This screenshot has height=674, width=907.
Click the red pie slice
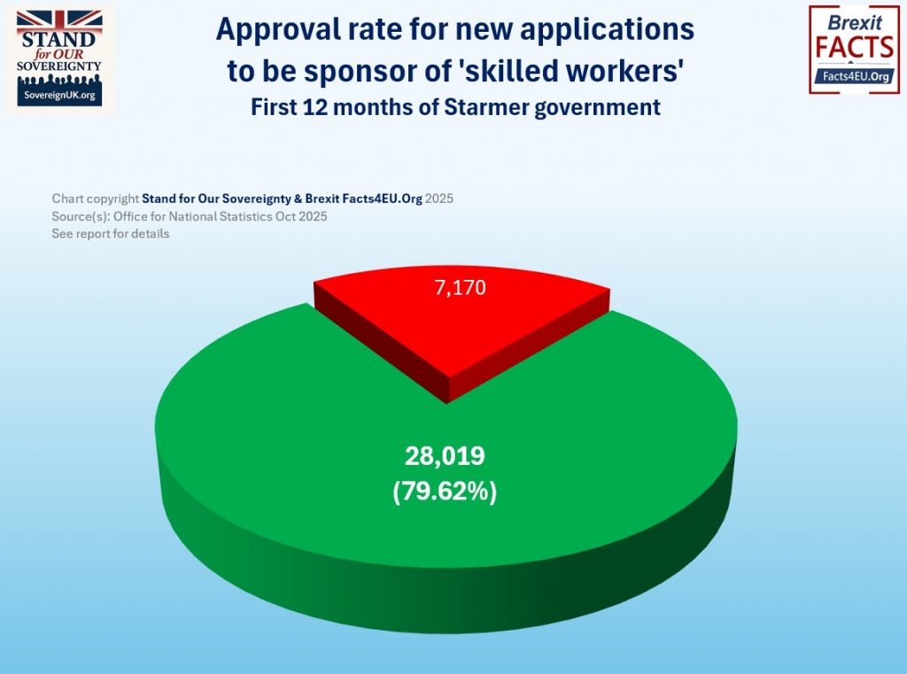point(461,319)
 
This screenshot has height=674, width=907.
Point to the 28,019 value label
point(445,456)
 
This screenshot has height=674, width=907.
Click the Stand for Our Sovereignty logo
point(60,58)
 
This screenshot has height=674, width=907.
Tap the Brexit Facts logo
point(854,49)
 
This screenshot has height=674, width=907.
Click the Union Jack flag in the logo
point(60,21)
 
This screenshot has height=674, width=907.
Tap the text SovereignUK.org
point(60,95)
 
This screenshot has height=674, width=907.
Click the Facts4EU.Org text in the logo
point(854,77)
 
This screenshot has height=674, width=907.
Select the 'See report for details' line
point(111,234)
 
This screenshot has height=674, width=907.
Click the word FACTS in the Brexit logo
point(854,46)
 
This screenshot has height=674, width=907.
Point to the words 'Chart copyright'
point(96,199)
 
